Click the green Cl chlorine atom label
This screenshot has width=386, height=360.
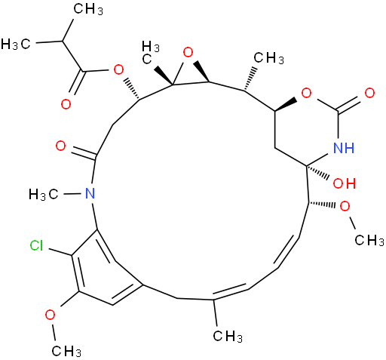(x=36, y=245)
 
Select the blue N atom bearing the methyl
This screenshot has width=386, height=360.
(x=90, y=193)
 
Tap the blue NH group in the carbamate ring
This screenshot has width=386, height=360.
(x=344, y=147)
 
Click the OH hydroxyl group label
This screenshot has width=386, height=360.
(x=345, y=183)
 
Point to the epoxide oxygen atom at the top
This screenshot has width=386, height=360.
(x=188, y=53)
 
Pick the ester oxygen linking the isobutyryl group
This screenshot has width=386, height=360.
(x=118, y=69)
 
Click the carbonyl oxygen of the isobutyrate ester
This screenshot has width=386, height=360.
(x=66, y=104)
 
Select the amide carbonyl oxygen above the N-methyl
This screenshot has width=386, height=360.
(x=61, y=146)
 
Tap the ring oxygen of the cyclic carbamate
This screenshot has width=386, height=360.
(x=306, y=94)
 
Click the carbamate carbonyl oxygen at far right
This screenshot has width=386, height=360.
(x=369, y=94)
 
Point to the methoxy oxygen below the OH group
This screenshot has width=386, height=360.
(x=345, y=207)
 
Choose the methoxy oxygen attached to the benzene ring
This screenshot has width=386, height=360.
(x=51, y=315)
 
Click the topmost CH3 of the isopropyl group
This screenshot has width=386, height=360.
(x=88, y=10)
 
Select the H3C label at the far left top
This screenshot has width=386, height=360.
(x=16, y=44)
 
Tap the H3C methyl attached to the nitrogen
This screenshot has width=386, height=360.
(x=44, y=195)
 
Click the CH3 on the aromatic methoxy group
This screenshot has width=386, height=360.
(x=66, y=351)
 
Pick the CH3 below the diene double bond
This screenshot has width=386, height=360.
(x=228, y=336)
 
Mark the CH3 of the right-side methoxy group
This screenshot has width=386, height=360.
(x=369, y=240)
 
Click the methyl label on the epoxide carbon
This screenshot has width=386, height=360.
(x=150, y=52)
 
